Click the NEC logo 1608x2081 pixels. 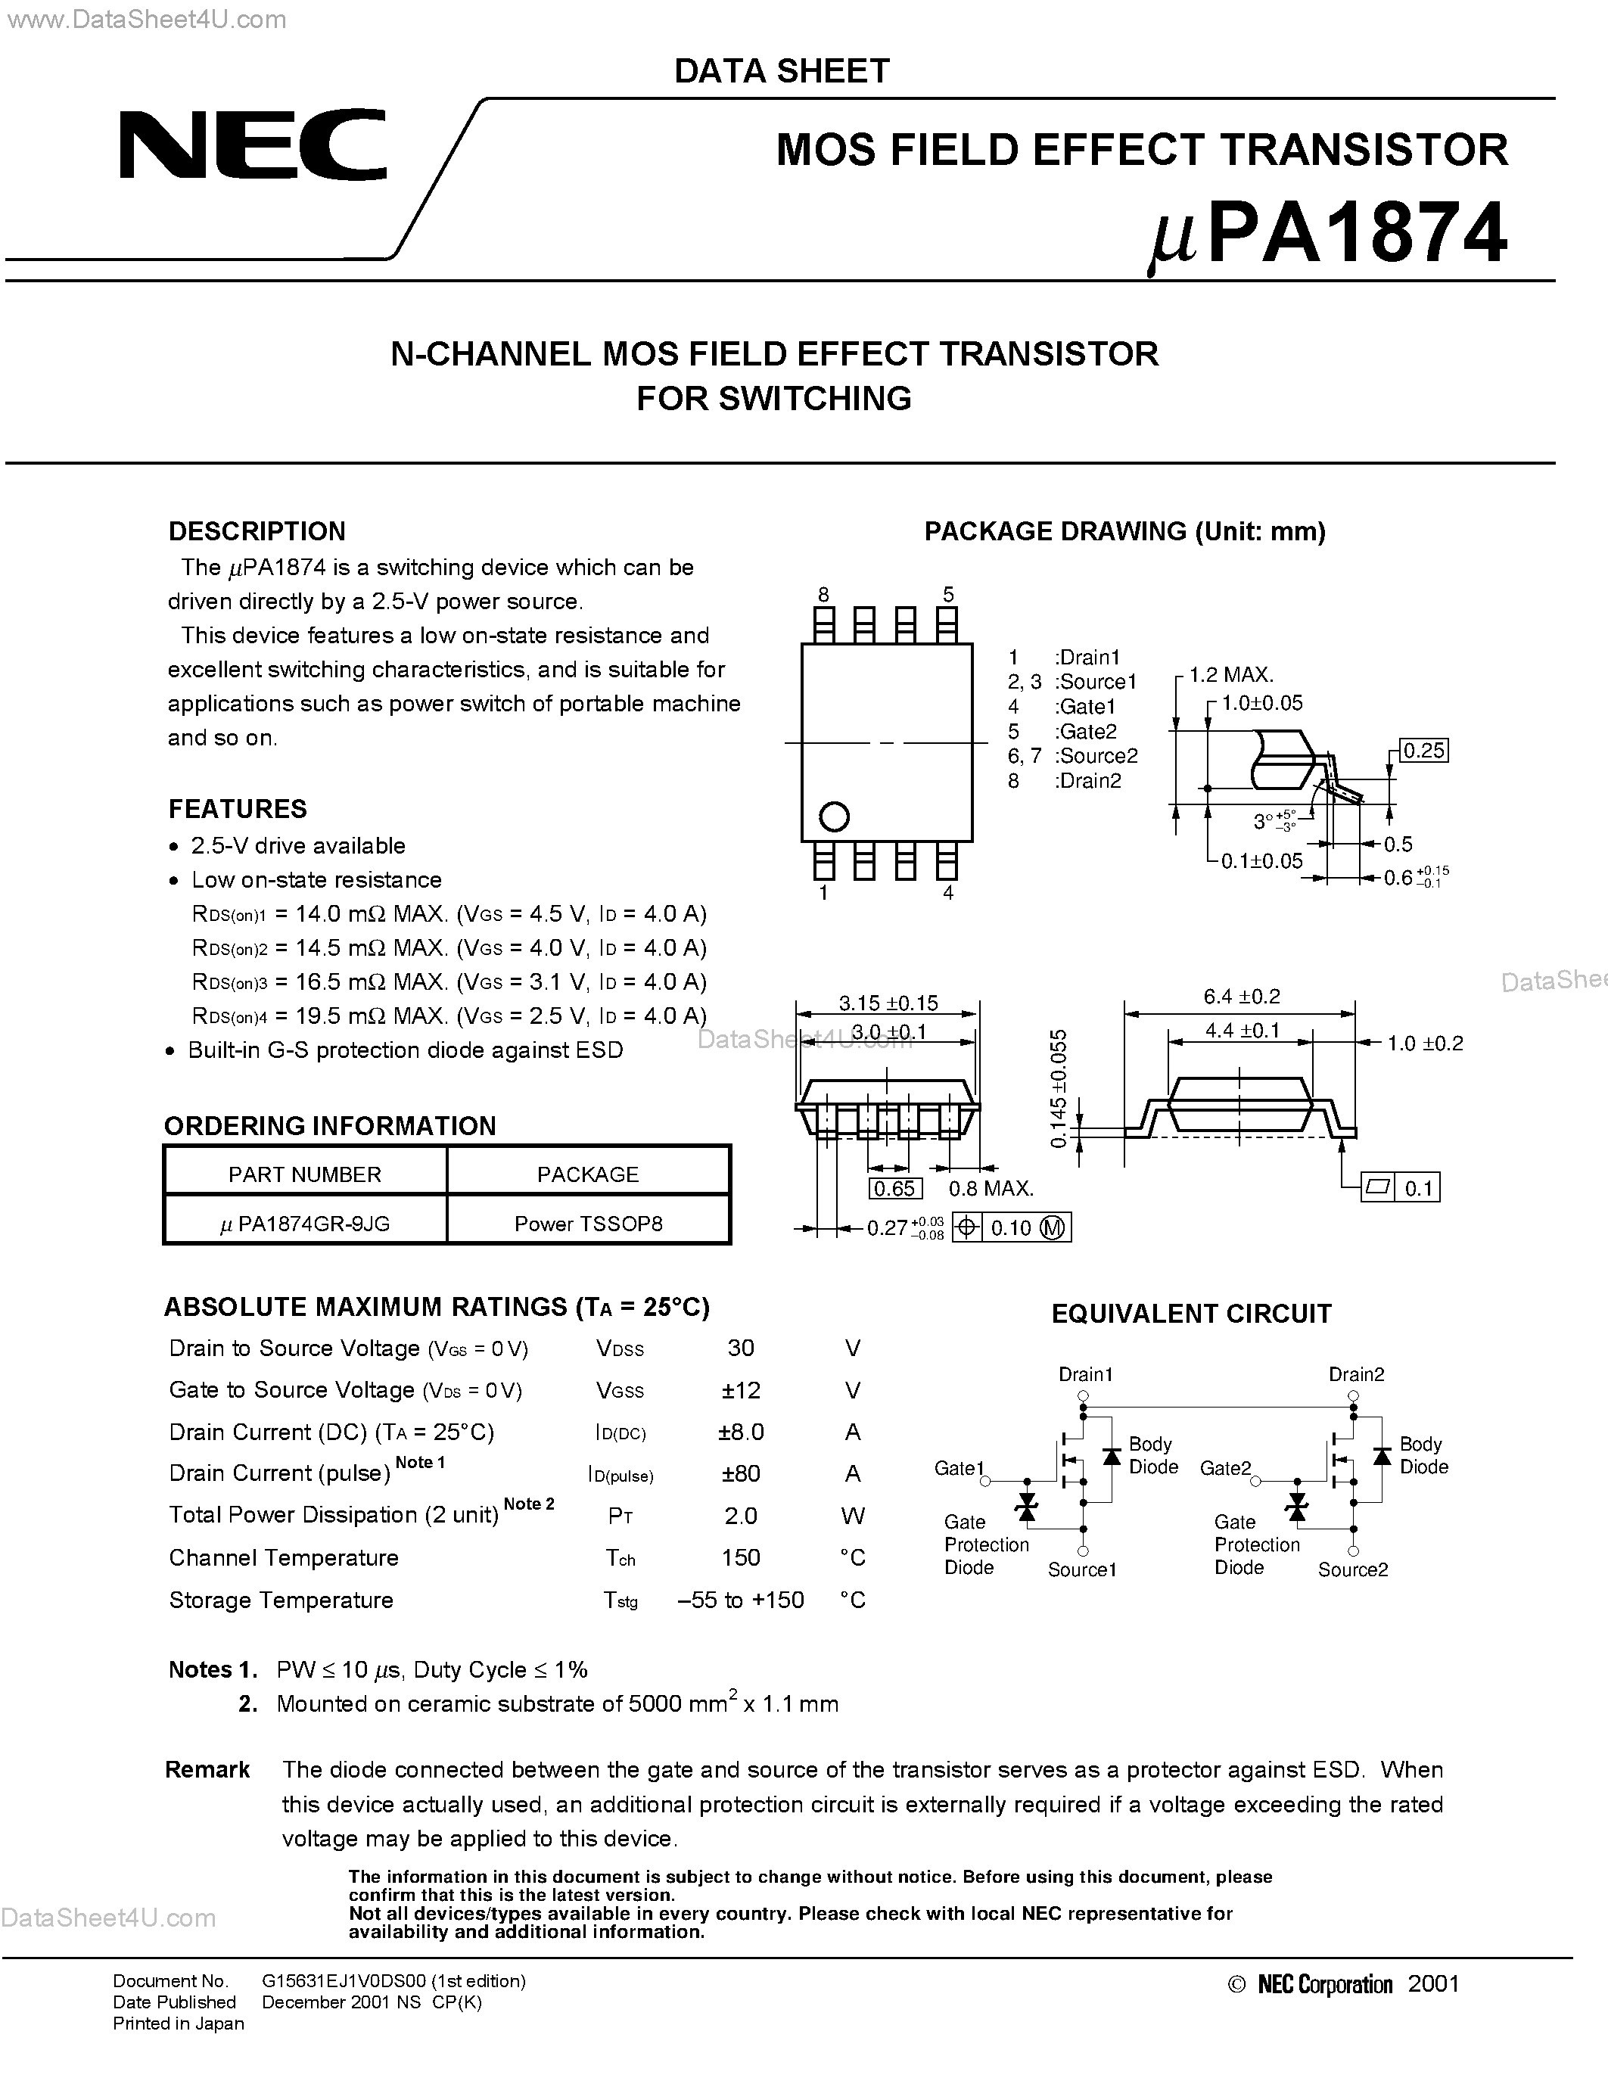253,145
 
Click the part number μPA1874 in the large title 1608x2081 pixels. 1328,233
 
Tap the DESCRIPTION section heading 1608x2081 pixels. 257,532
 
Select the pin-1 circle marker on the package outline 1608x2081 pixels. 834,817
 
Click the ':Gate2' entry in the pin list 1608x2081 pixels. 1086,731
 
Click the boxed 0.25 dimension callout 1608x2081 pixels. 1423,751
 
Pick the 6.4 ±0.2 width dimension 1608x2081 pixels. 1241,997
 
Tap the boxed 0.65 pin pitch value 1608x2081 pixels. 894,1188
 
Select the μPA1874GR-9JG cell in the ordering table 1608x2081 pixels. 305,1224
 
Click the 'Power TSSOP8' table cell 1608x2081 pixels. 588,1224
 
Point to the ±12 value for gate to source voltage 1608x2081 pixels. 740,1390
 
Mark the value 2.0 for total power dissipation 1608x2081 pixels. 740,1516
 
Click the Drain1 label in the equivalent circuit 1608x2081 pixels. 1085,1374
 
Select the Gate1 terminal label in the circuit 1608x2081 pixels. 958,1468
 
